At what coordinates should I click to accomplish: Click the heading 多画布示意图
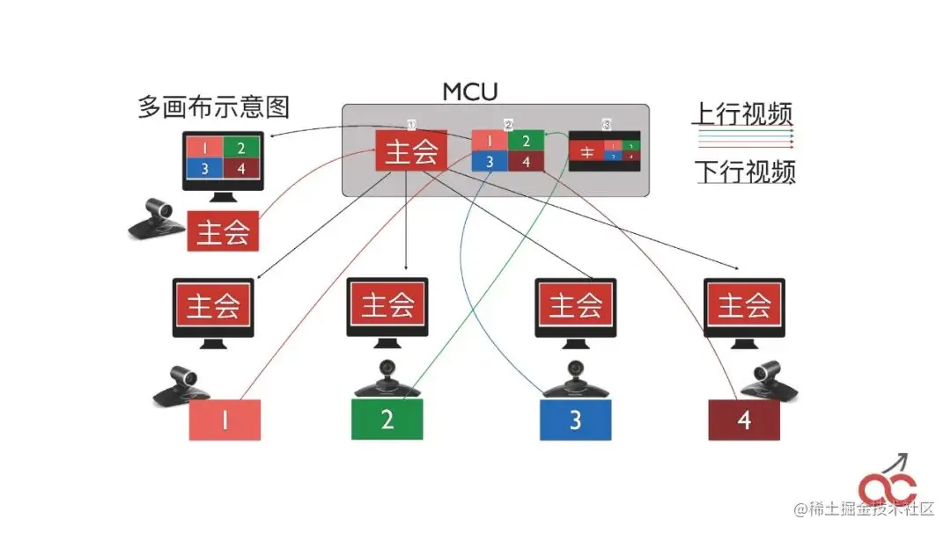coord(213,107)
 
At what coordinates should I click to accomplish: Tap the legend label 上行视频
coord(741,114)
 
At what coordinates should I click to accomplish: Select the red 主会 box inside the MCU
coord(410,150)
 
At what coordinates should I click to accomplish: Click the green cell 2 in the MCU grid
coord(526,140)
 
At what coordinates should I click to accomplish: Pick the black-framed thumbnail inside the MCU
coord(606,150)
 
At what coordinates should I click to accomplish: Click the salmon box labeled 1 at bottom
coord(225,420)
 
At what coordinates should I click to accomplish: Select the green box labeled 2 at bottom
coord(387,419)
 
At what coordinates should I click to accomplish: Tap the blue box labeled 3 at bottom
coord(575,419)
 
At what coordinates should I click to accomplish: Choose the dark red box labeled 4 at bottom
coord(745,420)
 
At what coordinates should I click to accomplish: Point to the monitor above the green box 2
coord(387,308)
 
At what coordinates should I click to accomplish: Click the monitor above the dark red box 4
coord(745,308)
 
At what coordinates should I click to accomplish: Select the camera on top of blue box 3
coord(576,380)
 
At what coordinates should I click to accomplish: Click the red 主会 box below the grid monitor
coord(224,232)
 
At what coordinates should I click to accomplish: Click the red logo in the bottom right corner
coord(890,485)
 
